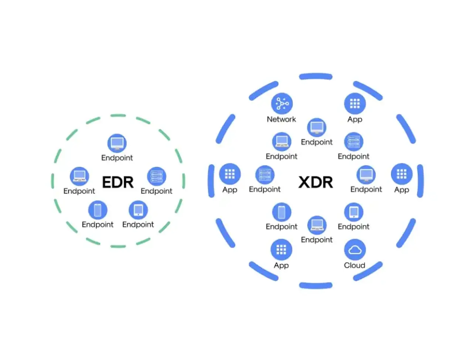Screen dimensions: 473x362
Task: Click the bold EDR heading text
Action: [x=118, y=182]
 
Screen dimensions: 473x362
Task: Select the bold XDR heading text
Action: [x=316, y=182]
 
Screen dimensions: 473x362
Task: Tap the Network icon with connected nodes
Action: [x=282, y=103]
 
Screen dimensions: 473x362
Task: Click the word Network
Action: [x=281, y=119]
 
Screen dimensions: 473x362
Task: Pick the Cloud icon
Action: [x=355, y=250]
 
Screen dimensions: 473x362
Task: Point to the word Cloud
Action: [x=354, y=265]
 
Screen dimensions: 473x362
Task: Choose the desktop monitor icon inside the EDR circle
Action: [x=117, y=143]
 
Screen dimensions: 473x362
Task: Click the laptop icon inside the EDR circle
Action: [x=79, y=177]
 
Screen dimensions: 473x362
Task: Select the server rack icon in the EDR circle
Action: [x=157, y=177]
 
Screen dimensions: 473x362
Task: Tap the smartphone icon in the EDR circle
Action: [x=98, y=210]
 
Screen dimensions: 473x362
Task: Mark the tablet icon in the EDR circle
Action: [x=138, y=210]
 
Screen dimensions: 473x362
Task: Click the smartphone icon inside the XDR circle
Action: [x=282, y=212]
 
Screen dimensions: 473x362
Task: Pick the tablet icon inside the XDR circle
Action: [x=354, y=212]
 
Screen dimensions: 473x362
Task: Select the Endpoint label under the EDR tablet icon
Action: [x=138, y=225]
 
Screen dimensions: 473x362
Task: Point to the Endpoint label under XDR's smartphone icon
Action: [x=282, y=227]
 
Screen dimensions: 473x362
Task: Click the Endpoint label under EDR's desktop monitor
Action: [x=117, y=158]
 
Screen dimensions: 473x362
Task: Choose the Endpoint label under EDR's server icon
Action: [x=156, y=191]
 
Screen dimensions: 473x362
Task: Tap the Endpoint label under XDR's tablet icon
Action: [x=354, y=227]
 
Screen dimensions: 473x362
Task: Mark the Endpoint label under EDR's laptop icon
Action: [x=79, y=191]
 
